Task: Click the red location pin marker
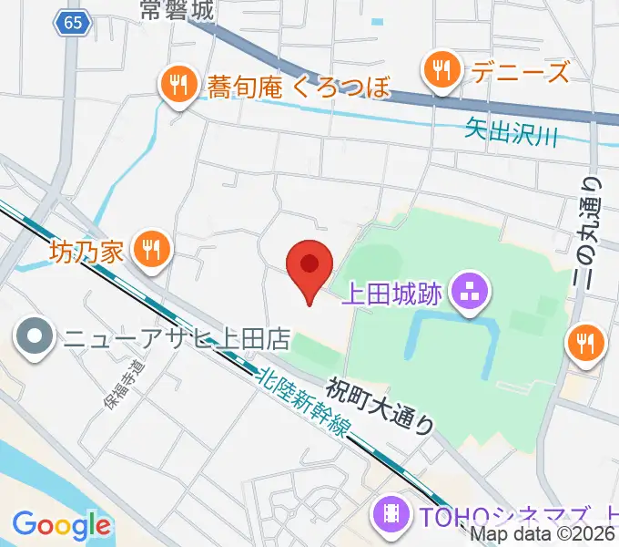click(309, 266)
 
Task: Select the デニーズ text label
click(515, 71)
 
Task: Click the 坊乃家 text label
click(86, 250)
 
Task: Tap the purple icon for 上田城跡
click(472, 294)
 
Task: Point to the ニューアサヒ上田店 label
click(176, 339)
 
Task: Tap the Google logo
click(61, 524)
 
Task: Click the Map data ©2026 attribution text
click(543, 535)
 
